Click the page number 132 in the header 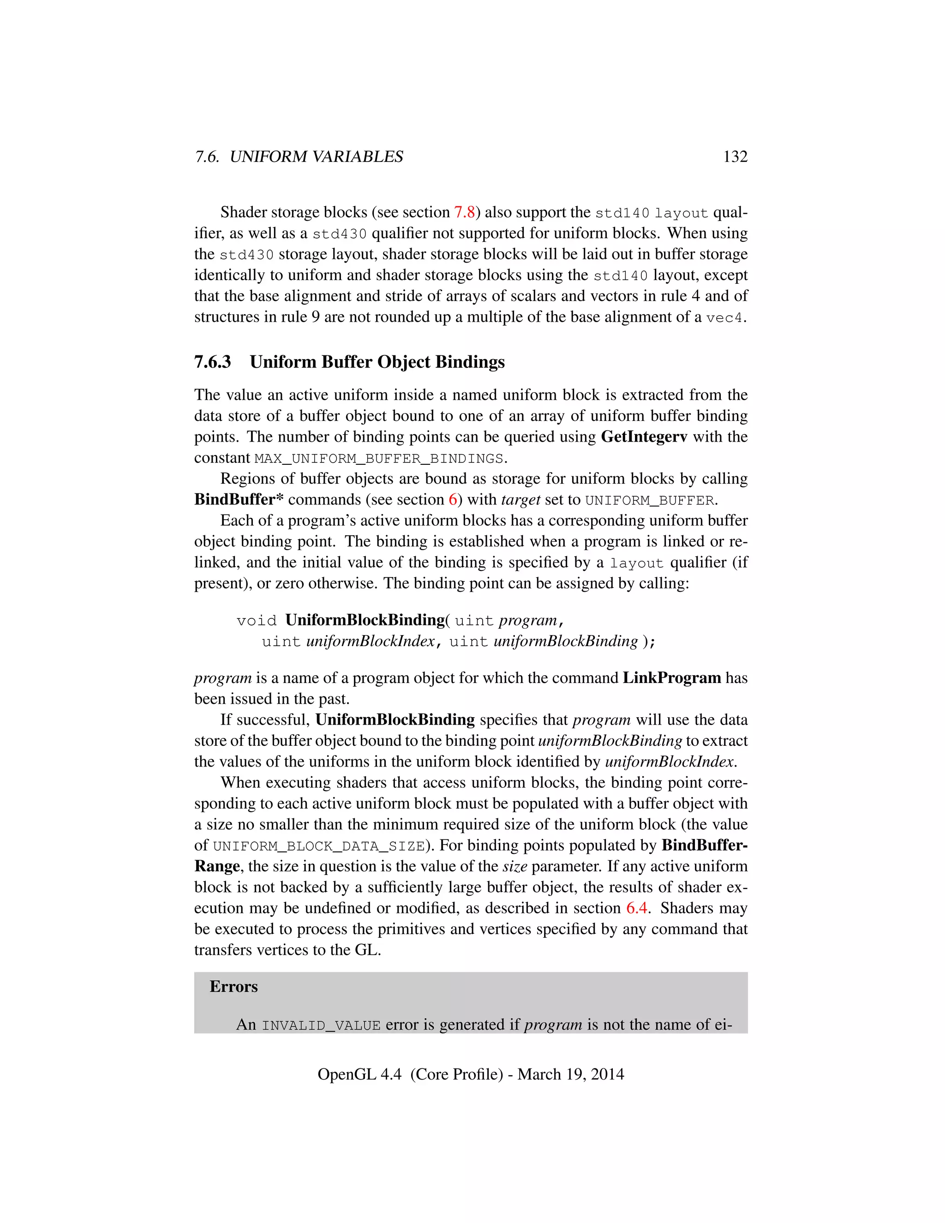click(735, 157)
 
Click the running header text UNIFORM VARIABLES click(316, 157)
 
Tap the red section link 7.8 click(464, 212)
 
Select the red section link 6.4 click(636, 908)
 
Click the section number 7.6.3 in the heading click(212, 362)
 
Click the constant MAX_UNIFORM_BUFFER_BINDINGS click(379, 459)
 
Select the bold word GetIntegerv click(644, 437)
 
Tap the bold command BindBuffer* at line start click(239, 499)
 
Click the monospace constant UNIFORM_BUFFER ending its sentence click(649, 500)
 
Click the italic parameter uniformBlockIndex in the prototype click(370, 641)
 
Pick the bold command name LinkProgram click(672, 678)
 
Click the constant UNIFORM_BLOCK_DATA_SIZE click(318, 846)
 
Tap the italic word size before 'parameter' click(514, 866)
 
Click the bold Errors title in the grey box click(233, 987)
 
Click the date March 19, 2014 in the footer click(570, 1074)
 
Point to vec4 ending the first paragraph click(724, 318)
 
